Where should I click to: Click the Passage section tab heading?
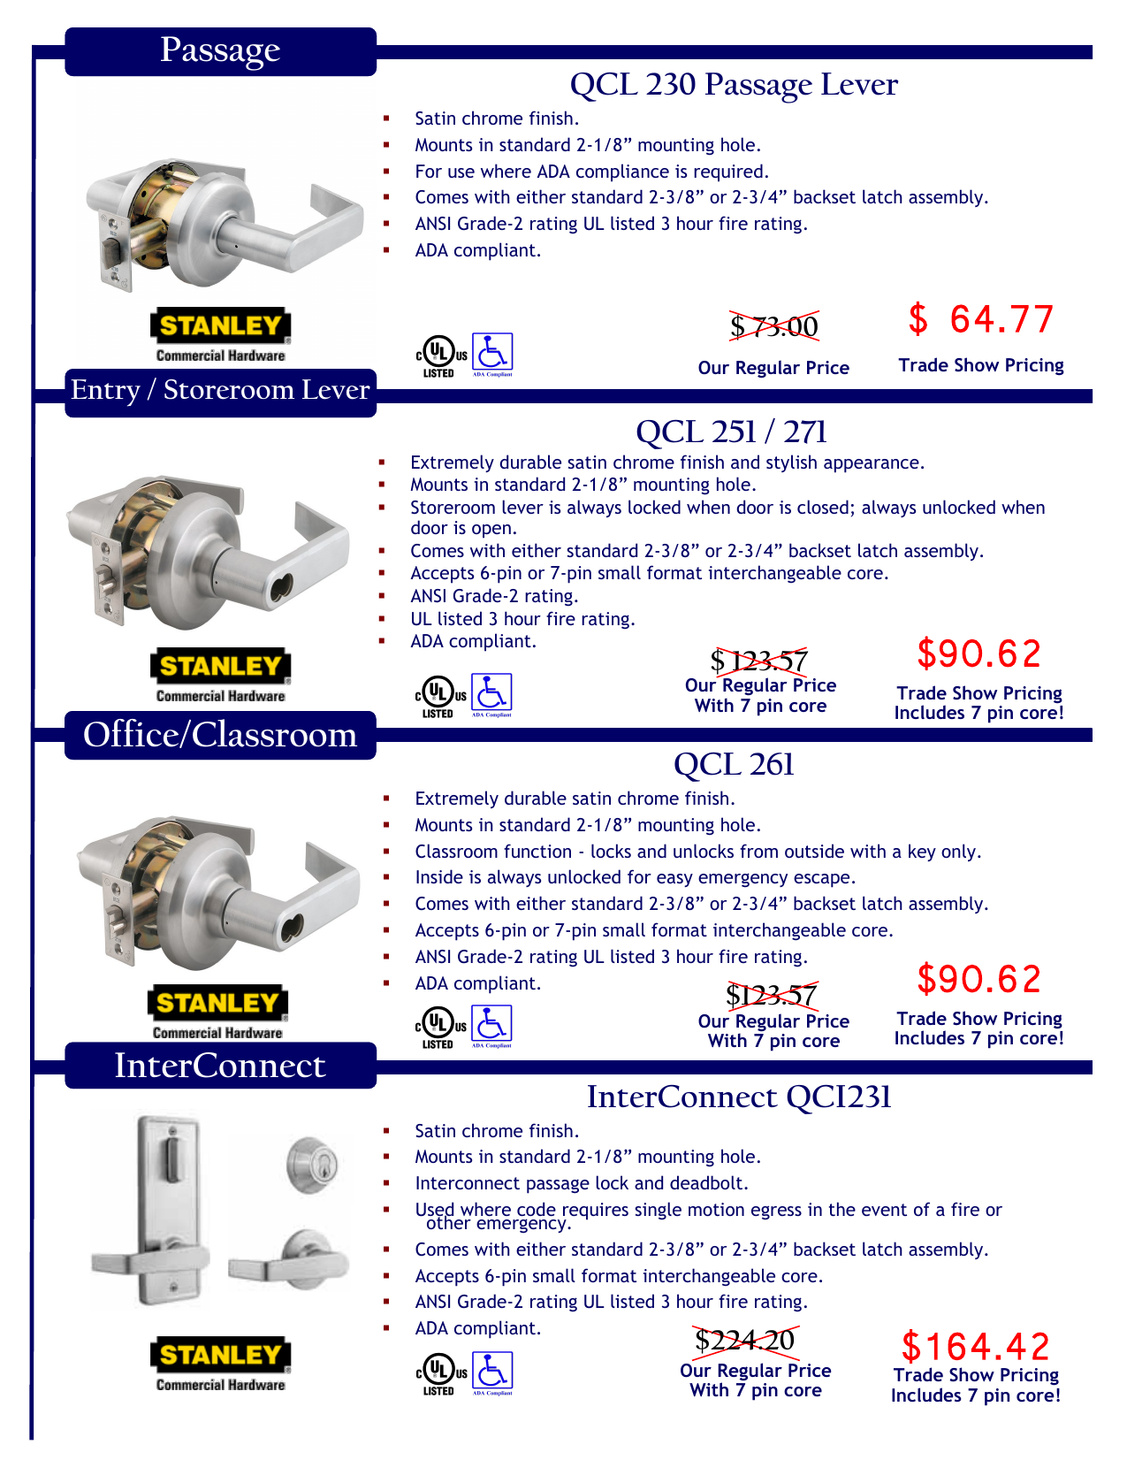point(220,50)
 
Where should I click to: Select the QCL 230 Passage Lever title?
point(734,85)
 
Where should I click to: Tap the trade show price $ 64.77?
point(981,319)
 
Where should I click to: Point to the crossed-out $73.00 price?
point(773,326)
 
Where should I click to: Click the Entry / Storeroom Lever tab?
point(220,390)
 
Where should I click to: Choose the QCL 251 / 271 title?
point(731,432)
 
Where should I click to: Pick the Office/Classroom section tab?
point(220,735)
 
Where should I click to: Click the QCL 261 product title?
point(734,765)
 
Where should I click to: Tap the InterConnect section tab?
point(220,1066)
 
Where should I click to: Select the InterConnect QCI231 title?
point(739,1097)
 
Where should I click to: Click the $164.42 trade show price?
point(976,1347)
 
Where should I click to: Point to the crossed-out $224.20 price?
point(745,1341)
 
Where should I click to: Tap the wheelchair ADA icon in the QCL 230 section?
point(492,353)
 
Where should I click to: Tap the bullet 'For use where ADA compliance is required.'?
point(592,172)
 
